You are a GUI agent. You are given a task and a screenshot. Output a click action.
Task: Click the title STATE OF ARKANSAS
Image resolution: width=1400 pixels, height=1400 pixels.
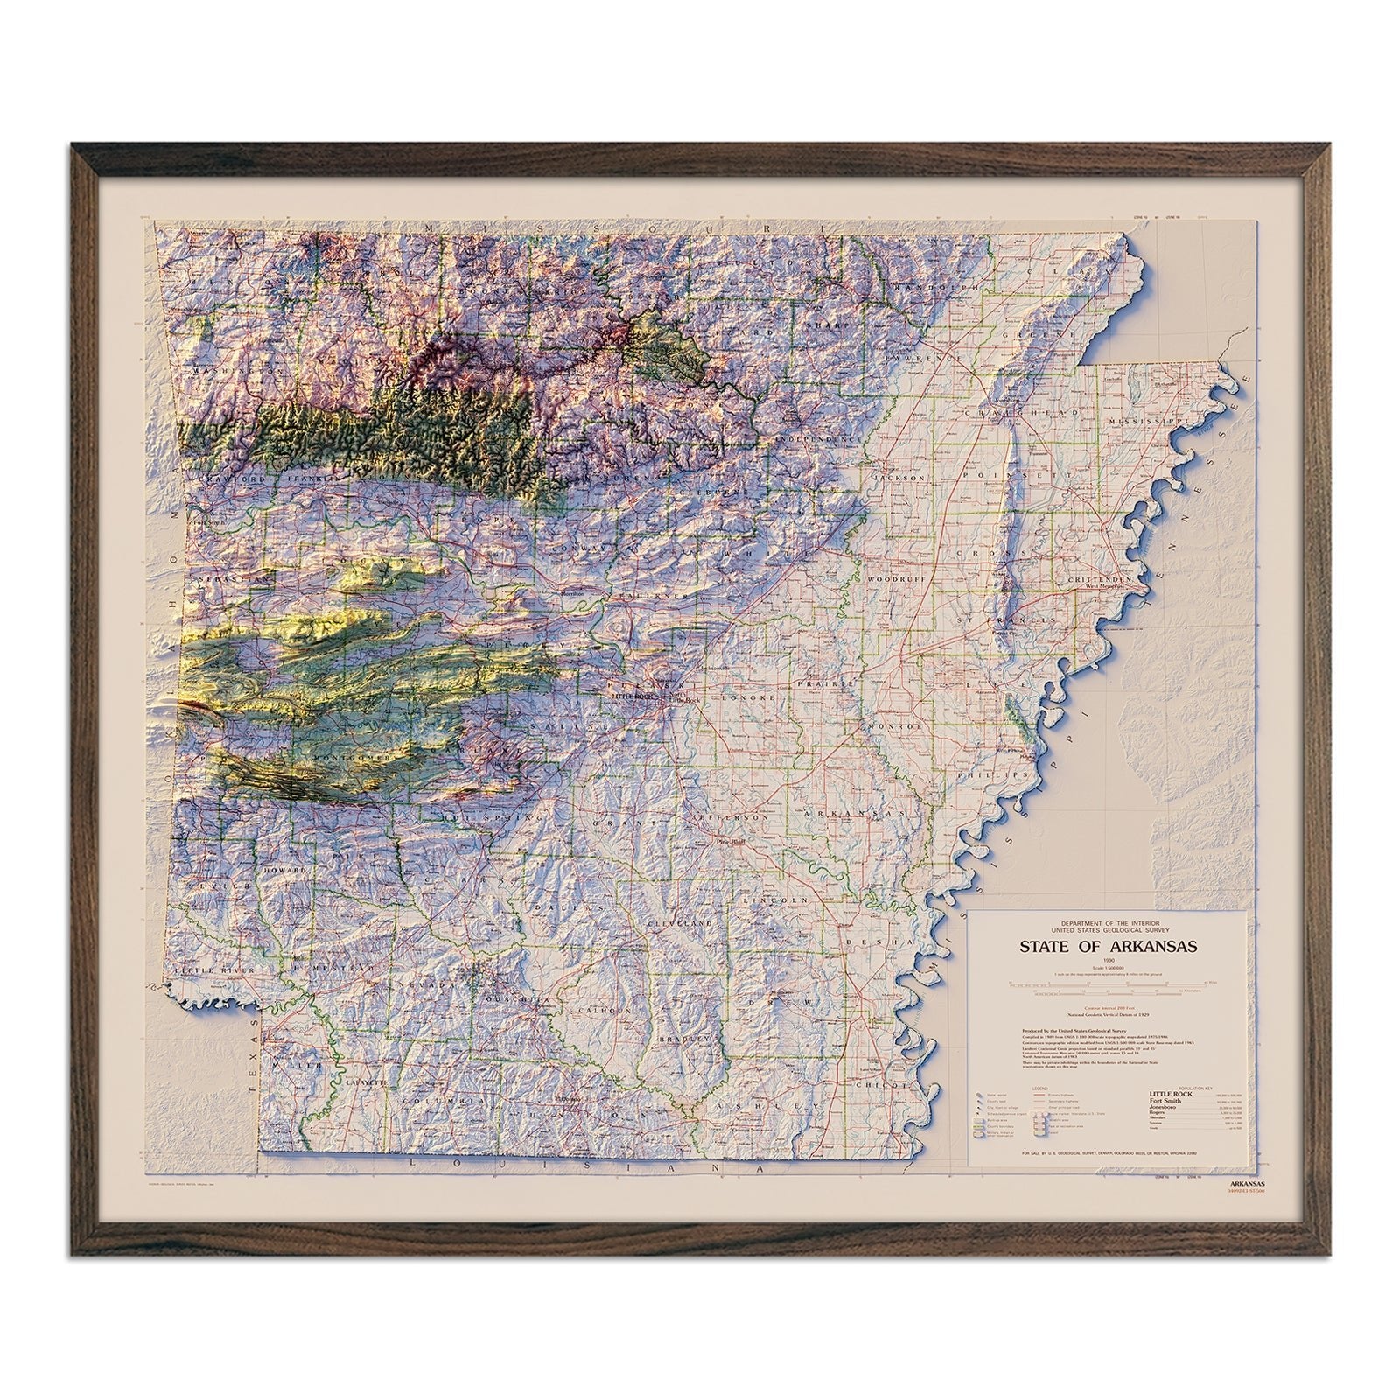(x=1108, y=946)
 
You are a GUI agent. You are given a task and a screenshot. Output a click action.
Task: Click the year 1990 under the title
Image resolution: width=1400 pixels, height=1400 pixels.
(x=1108, y=961)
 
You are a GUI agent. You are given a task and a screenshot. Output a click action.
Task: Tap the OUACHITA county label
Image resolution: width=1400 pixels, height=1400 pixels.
(x=523, y=999)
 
